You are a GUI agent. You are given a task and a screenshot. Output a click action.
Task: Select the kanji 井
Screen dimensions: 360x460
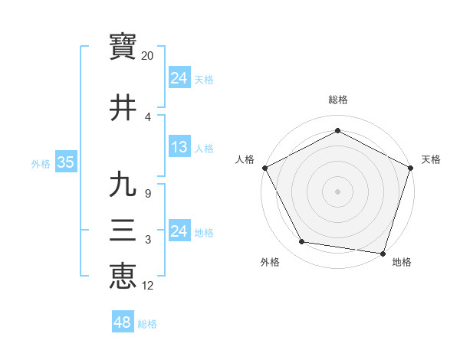coord(123,107)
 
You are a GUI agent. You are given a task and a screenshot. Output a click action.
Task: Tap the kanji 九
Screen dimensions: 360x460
coord(123,185)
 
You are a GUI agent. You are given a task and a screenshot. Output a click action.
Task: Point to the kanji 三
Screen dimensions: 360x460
coord(123,231)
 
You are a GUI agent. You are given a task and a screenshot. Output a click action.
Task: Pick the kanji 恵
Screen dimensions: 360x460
coord(123,275)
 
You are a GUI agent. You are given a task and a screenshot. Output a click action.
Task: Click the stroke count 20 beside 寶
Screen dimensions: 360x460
coord(148,56)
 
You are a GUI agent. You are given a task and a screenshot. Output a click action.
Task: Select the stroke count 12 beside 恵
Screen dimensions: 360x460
coord(148,286)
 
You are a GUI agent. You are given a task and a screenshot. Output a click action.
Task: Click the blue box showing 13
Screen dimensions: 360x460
coord(179,147)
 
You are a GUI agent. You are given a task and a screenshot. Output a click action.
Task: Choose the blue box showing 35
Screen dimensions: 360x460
coord(65,162)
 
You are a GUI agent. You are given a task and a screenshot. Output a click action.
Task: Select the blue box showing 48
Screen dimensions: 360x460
coord(122,322)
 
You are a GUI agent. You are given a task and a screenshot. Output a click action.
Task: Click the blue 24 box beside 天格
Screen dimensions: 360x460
coord(179,78)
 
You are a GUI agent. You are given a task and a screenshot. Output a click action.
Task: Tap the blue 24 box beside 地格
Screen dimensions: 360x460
coord(179,231)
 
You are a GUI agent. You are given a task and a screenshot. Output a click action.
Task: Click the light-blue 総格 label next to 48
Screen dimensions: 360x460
coord(147,324)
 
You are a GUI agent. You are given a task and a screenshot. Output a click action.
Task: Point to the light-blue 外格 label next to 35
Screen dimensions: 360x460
coord(41,163)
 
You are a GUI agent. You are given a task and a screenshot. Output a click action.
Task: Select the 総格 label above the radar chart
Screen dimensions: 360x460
coord(337,100)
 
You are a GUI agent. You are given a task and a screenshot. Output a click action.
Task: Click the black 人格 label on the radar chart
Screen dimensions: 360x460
coord(245,159)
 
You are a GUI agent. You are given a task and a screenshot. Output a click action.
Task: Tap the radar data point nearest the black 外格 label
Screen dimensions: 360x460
coord(302,242)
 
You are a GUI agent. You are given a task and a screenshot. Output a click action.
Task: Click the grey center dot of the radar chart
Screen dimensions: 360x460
coord(337,191)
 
